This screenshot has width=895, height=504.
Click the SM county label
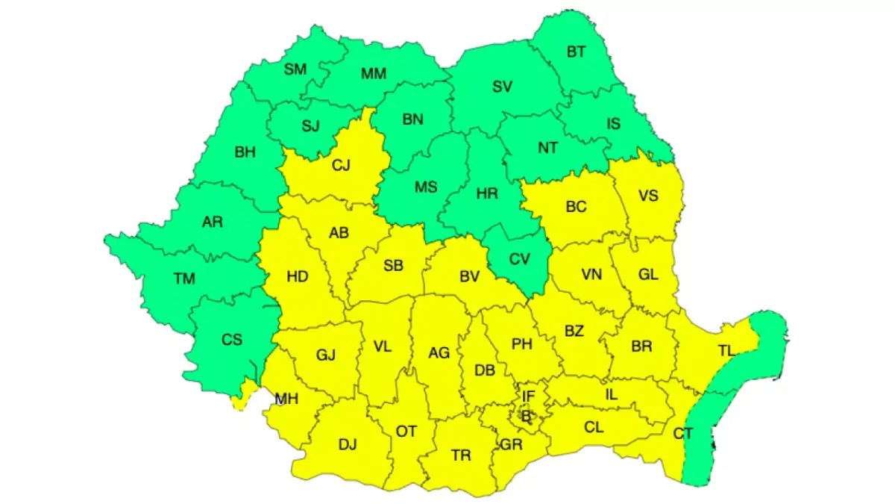[x=295, y=69]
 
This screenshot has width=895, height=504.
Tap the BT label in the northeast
[x=577, y=52]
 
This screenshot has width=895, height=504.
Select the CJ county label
[x=341, y=166]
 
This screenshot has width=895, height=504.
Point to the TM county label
[x=184, y=279]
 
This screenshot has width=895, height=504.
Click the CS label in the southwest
[x=232, y=339]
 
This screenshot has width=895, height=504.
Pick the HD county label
[x=298, y=277]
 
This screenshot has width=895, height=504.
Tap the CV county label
[x=519, y=260]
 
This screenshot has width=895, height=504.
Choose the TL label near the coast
[x=726, y=350]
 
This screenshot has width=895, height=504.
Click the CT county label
[x=682, y=433]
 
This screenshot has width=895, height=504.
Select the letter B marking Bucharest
[x=527, y=416]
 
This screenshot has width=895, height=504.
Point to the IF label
[x=529, y=396]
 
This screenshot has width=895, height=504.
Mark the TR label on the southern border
[x=461, y=455]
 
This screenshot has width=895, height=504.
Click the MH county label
[x=286, y=399]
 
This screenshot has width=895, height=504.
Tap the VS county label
[x=648, y=196]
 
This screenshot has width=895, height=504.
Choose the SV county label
[x=502, y=87]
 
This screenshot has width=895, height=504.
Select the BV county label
[x=469, y=278]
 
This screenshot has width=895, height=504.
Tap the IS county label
[x=612, y=124]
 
